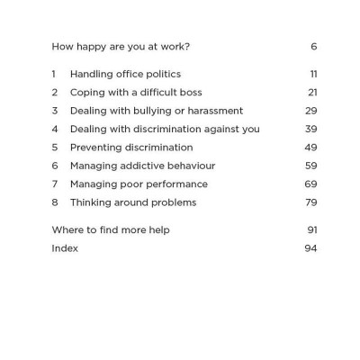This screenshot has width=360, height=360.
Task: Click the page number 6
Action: (x=313, y=47)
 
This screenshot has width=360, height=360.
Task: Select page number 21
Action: (x=312, y=93)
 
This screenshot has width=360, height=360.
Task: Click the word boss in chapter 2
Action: (x=190, y=93)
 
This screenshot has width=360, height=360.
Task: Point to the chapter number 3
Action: (x=55, y=111)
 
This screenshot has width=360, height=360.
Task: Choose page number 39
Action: (x=311, y=129)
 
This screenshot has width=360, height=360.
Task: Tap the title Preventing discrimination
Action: (x=131, y=147)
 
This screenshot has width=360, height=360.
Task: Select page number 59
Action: (x=311, y=166)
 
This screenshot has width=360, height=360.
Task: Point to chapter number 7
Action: (x=55, y=184)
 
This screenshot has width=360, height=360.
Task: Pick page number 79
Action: (x=311, y=202)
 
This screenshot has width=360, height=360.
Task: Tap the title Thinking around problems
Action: (x=133, y=202)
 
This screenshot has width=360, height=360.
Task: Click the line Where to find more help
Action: (x=111, y=229)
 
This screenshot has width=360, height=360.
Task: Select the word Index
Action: (x=65, y=248)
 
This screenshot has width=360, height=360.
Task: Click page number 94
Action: (x=311, y=248)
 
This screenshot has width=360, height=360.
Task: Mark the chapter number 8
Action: (x=55, y=202)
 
